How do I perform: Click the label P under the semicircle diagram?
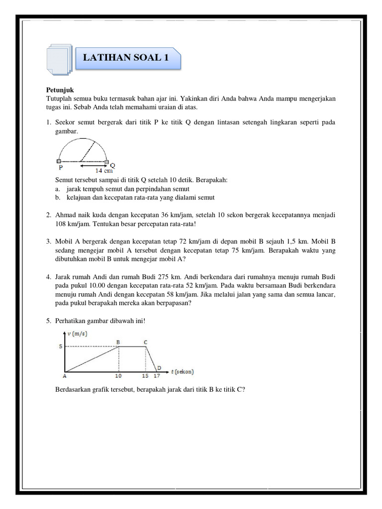(x=61, y=168)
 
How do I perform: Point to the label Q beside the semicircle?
(x=112, y=165)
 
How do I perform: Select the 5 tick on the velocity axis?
(x=61, y=346)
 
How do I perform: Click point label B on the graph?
(x=118, y=341)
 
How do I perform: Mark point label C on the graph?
(x=145, y=341)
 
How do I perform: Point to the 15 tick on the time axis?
(x=145, y=376)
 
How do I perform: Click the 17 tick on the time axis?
(x=156, y=376)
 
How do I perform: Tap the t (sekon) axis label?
(x=182, y=371)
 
